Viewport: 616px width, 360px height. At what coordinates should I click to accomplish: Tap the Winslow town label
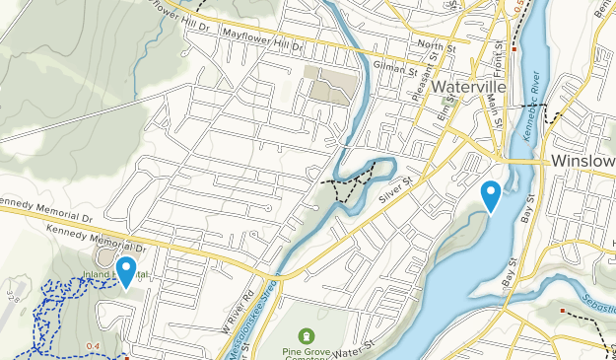(x=583, y=161)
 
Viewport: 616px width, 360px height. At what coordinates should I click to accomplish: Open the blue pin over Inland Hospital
(x=126, y=270)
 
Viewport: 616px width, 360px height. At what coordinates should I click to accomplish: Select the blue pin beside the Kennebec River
(x=490, y=195)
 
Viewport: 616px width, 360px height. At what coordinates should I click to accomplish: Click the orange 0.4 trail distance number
(x=94, y=345)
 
